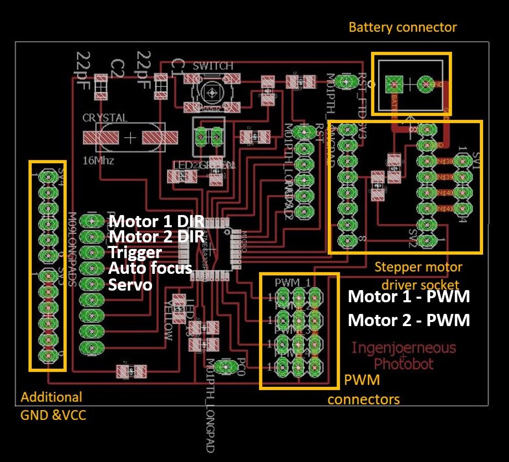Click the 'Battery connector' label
click(403, 27)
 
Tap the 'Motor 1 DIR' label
click(157, 222)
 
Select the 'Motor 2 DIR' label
click(157, 237)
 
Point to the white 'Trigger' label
click(135, 252)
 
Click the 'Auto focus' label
click(150, 268)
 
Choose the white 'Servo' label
click(130, 285)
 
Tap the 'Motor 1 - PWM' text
click(409, 297)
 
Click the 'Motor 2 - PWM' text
click(409, 320)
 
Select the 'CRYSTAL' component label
click(105, 118)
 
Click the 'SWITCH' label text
click(213, 66)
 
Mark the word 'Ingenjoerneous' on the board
click(404, 348)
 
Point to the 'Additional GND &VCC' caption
click(53, 406)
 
